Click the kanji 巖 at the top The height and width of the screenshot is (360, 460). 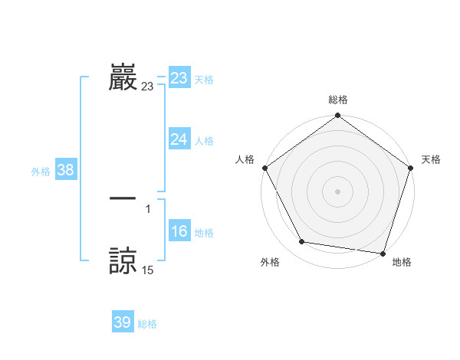pos(123,77)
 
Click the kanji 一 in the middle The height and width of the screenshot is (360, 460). pos(123,198)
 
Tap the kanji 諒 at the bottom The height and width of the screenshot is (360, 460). pos(123,260)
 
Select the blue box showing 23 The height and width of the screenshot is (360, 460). pos(179,77)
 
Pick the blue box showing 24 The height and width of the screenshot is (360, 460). pos(179,139)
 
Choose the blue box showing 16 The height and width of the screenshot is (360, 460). pos(179,231)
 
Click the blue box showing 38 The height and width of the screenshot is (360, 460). pos(65,170)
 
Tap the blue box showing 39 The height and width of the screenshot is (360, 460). pos(123,322)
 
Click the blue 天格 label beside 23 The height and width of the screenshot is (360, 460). pos(204,80)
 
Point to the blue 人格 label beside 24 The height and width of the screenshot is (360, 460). pos(204,141)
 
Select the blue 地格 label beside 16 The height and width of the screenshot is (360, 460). pos(204,233)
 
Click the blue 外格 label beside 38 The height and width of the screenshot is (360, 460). pos(41,172)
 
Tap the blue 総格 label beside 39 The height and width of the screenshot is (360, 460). pos(147,324)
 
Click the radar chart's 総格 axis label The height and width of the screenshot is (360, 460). pos(338,100)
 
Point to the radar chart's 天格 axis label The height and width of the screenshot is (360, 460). pos(432,159)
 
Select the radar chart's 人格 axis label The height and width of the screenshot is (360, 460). pos(245,159)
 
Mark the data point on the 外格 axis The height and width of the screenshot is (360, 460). pos(302,242)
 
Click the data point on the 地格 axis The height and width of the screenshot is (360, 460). pos(383,253)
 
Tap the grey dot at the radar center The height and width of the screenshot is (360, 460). pos(338,191)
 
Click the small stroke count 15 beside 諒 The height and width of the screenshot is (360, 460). pos(148,270)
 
